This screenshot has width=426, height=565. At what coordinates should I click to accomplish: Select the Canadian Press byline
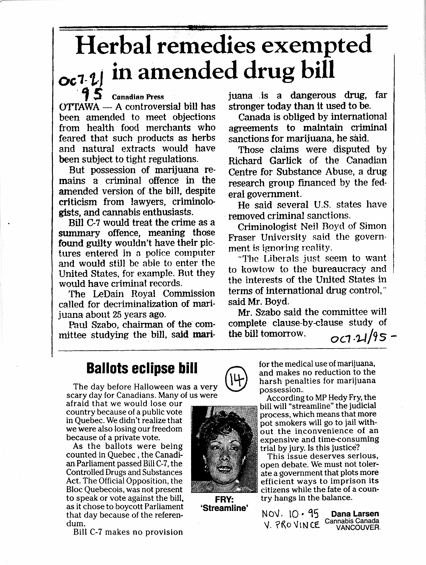coord(138,97)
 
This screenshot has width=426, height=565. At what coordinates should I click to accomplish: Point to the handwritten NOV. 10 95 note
coord(290,513)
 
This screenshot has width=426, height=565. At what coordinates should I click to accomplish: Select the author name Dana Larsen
coord(355,513)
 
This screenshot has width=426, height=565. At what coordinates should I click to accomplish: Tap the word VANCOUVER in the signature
coord(357,528)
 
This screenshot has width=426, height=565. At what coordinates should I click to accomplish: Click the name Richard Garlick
coord(265,161)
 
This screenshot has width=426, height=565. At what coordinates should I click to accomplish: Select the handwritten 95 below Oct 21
coord(92,92)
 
